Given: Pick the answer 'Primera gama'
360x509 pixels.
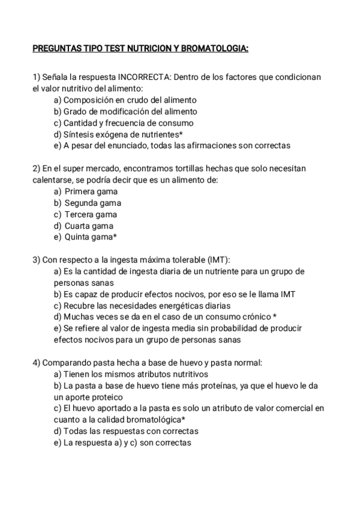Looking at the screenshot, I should coord(91,191).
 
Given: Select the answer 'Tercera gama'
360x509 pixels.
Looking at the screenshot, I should coord(91,214).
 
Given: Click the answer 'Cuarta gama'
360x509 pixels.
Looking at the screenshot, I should coord(89,226).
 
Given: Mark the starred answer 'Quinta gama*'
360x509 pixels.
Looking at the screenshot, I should coord(91,237).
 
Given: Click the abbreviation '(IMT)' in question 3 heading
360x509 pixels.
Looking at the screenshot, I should coord(218,260).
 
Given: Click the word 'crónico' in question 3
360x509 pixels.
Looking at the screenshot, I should coord(254,317).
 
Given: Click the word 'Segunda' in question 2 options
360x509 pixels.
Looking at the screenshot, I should coord(81,203).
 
